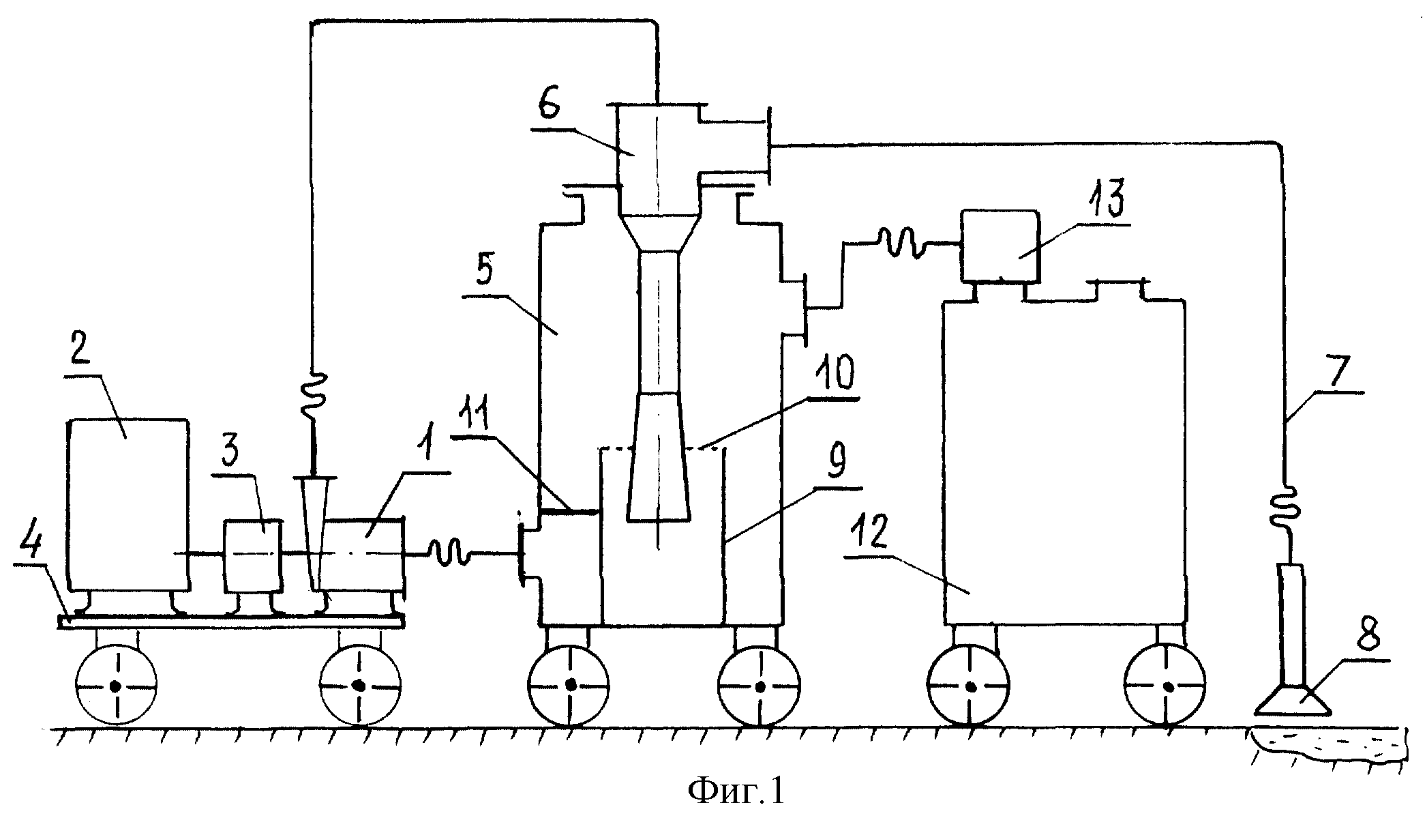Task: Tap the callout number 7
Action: click(x=1330, y=371)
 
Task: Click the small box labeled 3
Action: click(x=253, y=556)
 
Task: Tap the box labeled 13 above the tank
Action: click(x=1000, y=246)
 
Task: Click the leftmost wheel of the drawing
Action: click(x=117, y=685)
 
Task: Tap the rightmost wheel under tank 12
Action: click(x=1165, y=685)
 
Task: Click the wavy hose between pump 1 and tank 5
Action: click(x=449, y=553)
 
